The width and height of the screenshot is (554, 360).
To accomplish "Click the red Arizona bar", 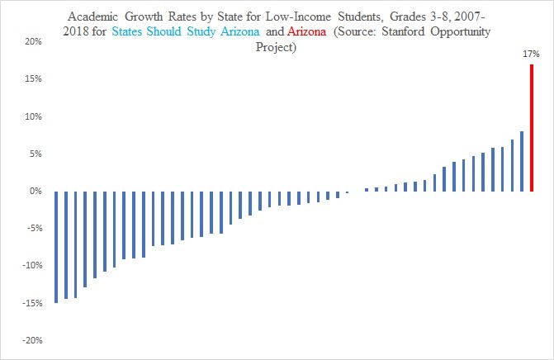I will pyautogui.click(x=532, y=128).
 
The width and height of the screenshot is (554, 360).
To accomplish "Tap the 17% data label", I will pyautogui.click(x=531, y=54).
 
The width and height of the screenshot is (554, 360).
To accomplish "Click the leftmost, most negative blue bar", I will pyautogui.click(x=56, y=247).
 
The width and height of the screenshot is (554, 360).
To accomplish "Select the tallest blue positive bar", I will pyautogui.click(x=522, y=161).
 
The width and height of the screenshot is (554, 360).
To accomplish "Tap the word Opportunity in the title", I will pyautogui.click(x=464, y=31).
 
